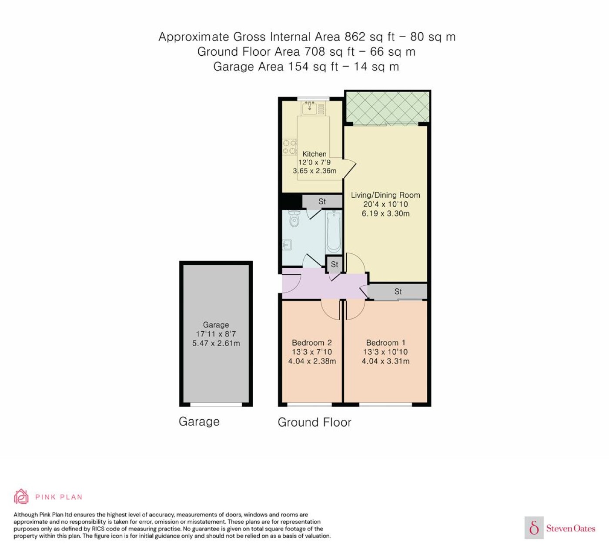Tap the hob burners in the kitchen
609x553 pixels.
(290, 147)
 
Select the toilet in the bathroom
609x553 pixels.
(295, 219)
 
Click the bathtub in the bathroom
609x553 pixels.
(334, 232)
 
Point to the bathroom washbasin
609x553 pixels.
(287, 246)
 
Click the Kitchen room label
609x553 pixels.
(314, 154)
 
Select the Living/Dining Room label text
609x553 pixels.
(385, 195)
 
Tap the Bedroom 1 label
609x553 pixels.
(385, 343)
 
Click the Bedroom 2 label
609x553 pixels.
(311, 343)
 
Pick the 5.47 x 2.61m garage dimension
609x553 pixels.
(216, 343)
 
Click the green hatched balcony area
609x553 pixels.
(387, 108)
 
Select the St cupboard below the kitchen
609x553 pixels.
(322, 202)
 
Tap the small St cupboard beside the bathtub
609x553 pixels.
(335, 264)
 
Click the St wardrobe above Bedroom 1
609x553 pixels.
(398, 291)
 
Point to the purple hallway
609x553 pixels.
(322, 285)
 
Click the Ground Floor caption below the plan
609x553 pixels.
(314, 422)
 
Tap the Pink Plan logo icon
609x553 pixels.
(21, 496)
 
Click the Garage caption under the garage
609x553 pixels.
(199, 421)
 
